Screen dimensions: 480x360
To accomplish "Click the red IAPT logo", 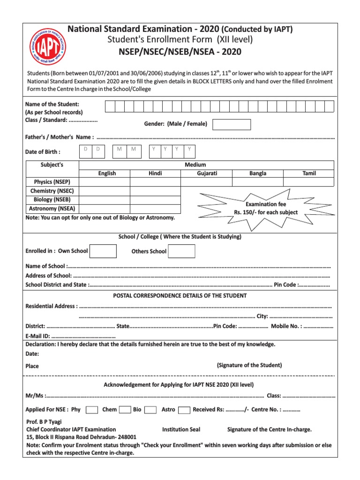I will coord(47,47).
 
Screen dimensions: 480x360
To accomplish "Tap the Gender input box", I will coord(232,124).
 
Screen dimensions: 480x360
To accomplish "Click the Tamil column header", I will coord(309,173).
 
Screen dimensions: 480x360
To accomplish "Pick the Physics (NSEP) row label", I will coord(52,182).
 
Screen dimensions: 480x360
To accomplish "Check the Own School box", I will coord(103,251).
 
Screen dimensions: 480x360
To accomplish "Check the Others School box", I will coord(181,251).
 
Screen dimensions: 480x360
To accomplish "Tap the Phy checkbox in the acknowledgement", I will coord(92,410).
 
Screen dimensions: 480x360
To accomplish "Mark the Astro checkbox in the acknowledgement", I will coord(185,410).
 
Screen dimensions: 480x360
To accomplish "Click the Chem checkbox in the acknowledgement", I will coord(125,410).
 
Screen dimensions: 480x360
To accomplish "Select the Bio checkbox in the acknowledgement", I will coord(150,410).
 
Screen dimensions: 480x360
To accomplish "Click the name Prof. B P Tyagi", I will coord(44,421).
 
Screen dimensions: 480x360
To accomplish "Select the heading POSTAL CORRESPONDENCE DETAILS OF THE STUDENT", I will coord(180,296).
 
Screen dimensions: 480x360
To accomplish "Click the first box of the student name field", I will coord(110,106).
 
